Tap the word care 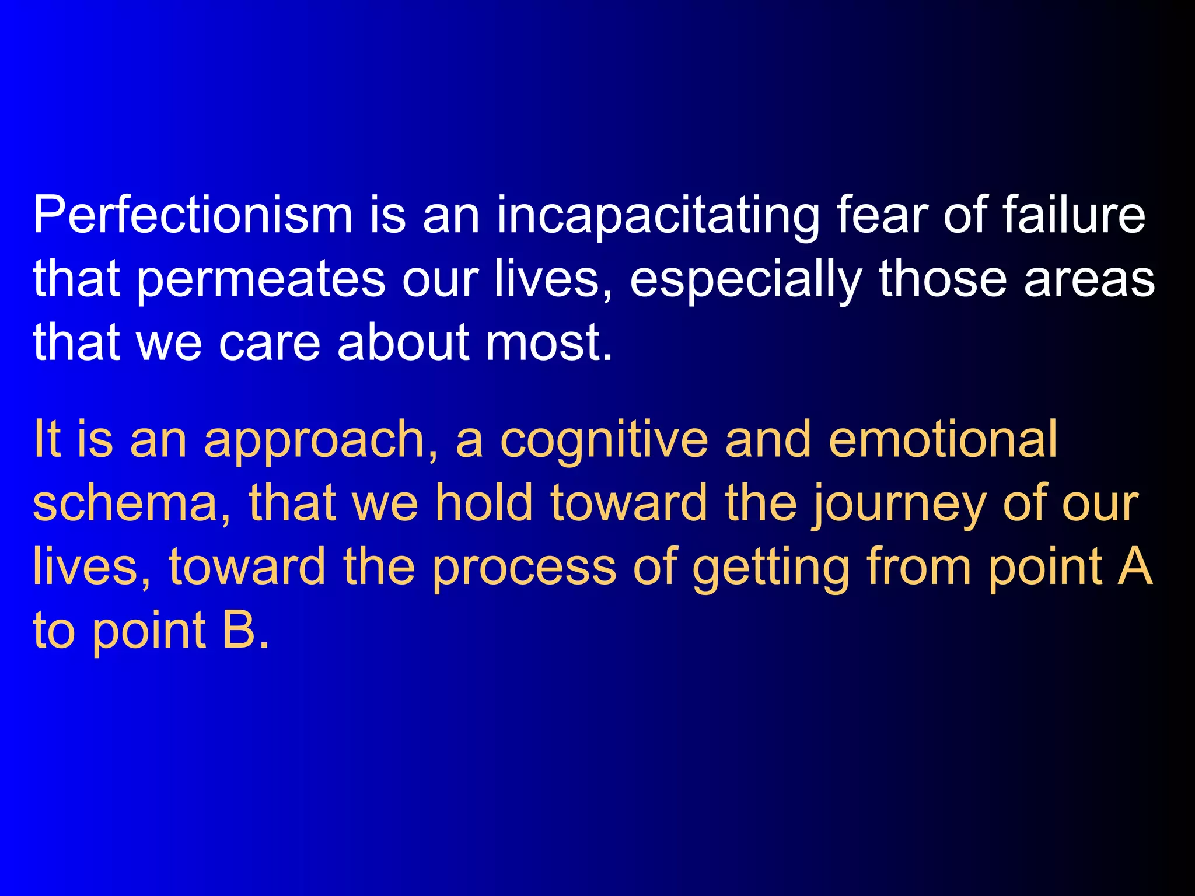coord(269,343)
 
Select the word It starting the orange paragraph coord(47,439)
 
